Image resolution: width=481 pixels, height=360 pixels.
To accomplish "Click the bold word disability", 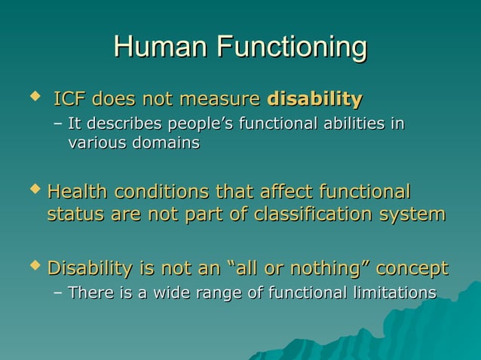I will point(314,99).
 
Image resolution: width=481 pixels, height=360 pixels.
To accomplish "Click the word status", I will point(75,215).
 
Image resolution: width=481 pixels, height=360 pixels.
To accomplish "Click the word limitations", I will point(393,292).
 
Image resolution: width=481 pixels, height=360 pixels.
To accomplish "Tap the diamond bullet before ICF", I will point(32,98).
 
